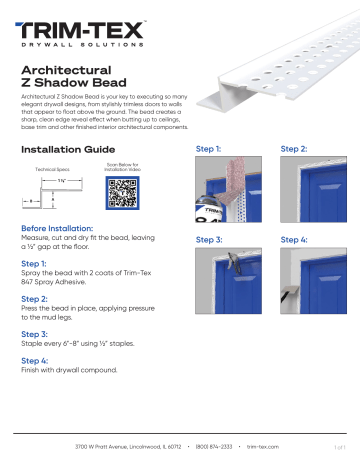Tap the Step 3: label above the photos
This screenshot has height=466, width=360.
(211, 240)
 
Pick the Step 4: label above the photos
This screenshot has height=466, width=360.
(296, 240)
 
